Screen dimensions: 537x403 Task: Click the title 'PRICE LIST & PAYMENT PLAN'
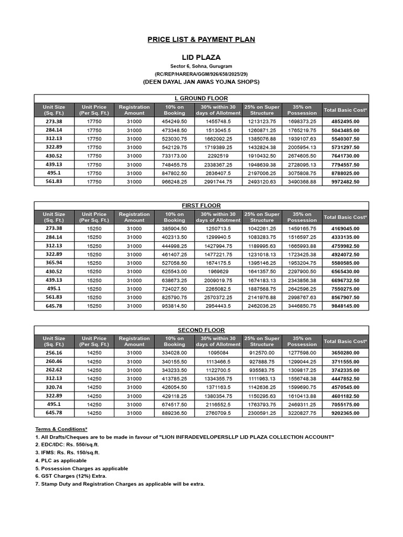pyautogui.click(x=201, y=40)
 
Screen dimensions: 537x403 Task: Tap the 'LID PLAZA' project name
pyautogui.click(x=201, y=57)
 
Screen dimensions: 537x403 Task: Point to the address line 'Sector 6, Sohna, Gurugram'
pyautogui.click(x=201, y=66)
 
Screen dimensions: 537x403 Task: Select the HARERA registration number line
pyautogui.click(x=201, y=74)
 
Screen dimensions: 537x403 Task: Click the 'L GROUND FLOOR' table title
pyautogui.click(x=201, y=99)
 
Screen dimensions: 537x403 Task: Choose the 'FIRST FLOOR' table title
pyautogui.click(x=201, y=206)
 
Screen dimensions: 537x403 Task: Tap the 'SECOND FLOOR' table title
pyautogui.click(x=201, y=330)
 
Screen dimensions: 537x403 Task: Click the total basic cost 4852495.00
pyautogui.click(x=345, y=122)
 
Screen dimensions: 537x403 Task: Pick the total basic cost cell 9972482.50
pyautogui.click(x=345, y=181)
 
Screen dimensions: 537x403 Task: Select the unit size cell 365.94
pyautogui.click(x=54, y=263)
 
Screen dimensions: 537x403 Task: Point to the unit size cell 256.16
pyautogui.click(x=54, y=353)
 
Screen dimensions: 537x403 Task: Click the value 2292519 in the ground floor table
pyautogui.click(x=218, y=156)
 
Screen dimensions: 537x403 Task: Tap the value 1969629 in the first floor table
pyautogui.click(x=218, y=272)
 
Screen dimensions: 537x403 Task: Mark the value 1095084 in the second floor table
pyautogui.click(x=218, y=353)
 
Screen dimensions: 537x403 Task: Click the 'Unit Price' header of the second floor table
pyautogui.click(x=94, y=341)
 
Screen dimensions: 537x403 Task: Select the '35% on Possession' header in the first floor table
pyautogui.click(x=302, y=217)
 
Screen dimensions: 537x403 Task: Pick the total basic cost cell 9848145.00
pyautogui.click(x=345, y=306)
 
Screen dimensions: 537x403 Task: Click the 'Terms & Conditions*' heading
pyautogui.click(x=61, y=429)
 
